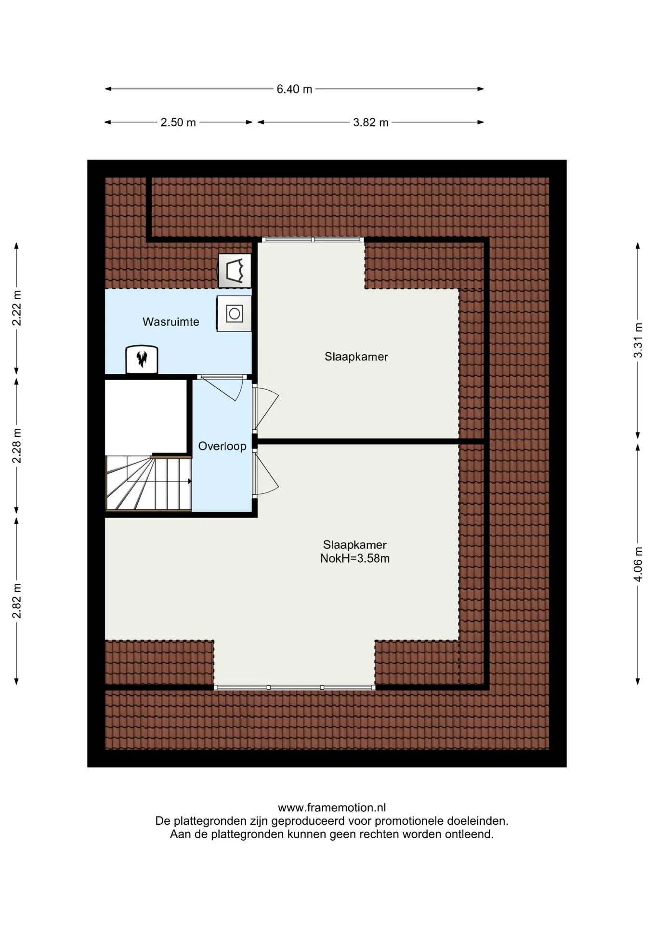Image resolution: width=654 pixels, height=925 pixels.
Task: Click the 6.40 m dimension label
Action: coord(294,89)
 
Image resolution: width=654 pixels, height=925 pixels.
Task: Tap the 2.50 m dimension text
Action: coord(178,122)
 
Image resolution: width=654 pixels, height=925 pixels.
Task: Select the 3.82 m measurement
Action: coord(371,122)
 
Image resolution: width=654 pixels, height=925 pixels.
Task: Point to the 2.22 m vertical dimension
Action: coord(17,308)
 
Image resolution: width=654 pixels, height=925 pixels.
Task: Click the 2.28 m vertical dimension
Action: coord(17,446)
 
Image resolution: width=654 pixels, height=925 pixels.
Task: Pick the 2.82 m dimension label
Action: coord(17,601)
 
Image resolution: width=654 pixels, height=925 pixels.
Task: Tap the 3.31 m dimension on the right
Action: coord(638,340)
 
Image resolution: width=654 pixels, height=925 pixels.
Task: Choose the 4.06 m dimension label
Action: coord(638,564)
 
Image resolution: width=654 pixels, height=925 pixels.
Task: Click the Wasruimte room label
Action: coord(171,322)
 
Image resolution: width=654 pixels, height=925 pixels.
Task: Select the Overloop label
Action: coord(222,446)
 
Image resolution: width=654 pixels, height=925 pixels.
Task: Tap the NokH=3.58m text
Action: coord(355,558)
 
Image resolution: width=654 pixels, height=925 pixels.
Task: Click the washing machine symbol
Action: coord(234,314)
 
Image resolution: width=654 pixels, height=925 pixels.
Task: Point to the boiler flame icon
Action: coord(142,359)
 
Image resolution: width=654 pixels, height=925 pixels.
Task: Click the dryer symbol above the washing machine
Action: coord(235,271)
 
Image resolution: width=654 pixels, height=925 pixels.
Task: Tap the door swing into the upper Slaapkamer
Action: coord(265,409)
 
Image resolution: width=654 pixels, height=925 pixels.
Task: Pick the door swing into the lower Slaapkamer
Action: coord(265,474)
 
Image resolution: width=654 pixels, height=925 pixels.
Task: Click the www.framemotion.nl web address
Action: coord(332,807)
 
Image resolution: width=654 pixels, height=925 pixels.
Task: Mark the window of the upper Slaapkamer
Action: coord(313,239)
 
